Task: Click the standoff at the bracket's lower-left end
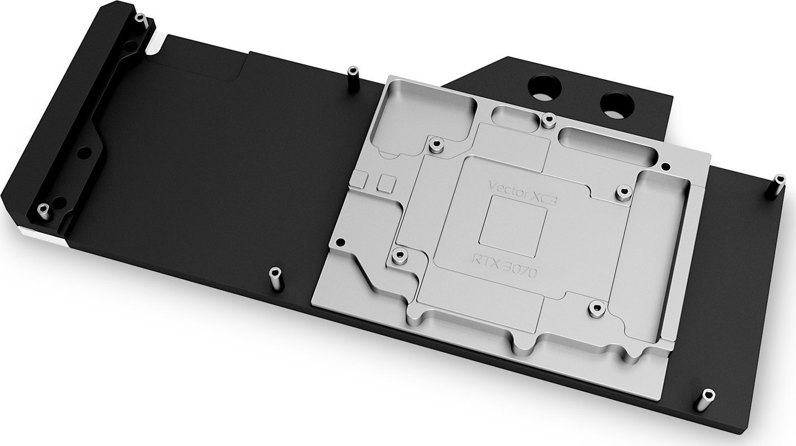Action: coord(41,211)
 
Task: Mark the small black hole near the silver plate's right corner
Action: coord(665,167)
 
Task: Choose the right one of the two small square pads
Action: coord(387,181)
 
